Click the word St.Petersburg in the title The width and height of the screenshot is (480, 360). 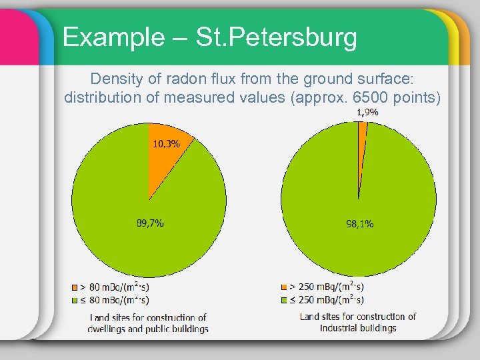pyautogui.click(x=276, y=37)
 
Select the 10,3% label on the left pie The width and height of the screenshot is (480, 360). pyautogui.click(x=166, y=143)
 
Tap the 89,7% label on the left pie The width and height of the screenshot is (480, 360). pyautogui.click(x=150, y=223)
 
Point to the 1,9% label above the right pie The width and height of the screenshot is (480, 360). pyautogui.click(x=368, y=112)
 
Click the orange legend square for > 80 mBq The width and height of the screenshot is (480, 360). pyautogui.click(x=75, y=288)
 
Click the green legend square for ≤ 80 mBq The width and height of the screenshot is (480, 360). pyautogui.click(x=75, y=301)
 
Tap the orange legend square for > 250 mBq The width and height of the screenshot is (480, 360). pyautogui.click(x=285, y=288)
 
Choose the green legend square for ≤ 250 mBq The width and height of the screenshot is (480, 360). pyautogui.click(x=285, y=301)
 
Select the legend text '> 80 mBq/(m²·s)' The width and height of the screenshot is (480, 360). pyautogui.click(x=115, y=287)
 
